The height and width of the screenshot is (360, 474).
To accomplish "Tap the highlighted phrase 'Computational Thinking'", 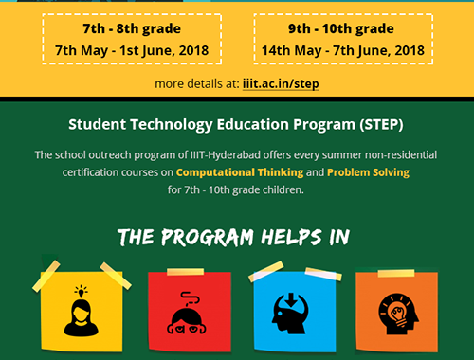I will pyautogui.click(x=240, y=172).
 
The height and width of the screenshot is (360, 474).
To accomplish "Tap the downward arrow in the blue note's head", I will pyautogui.click(x=292, y=302).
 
